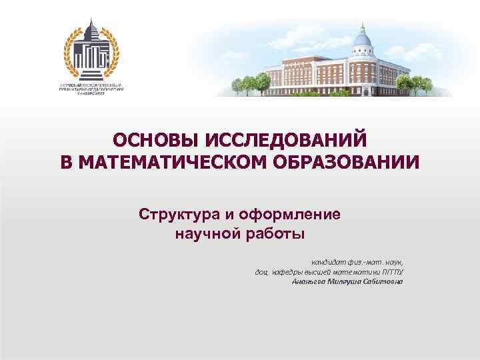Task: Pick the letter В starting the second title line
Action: pyautogui.click(x=66, y=163)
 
